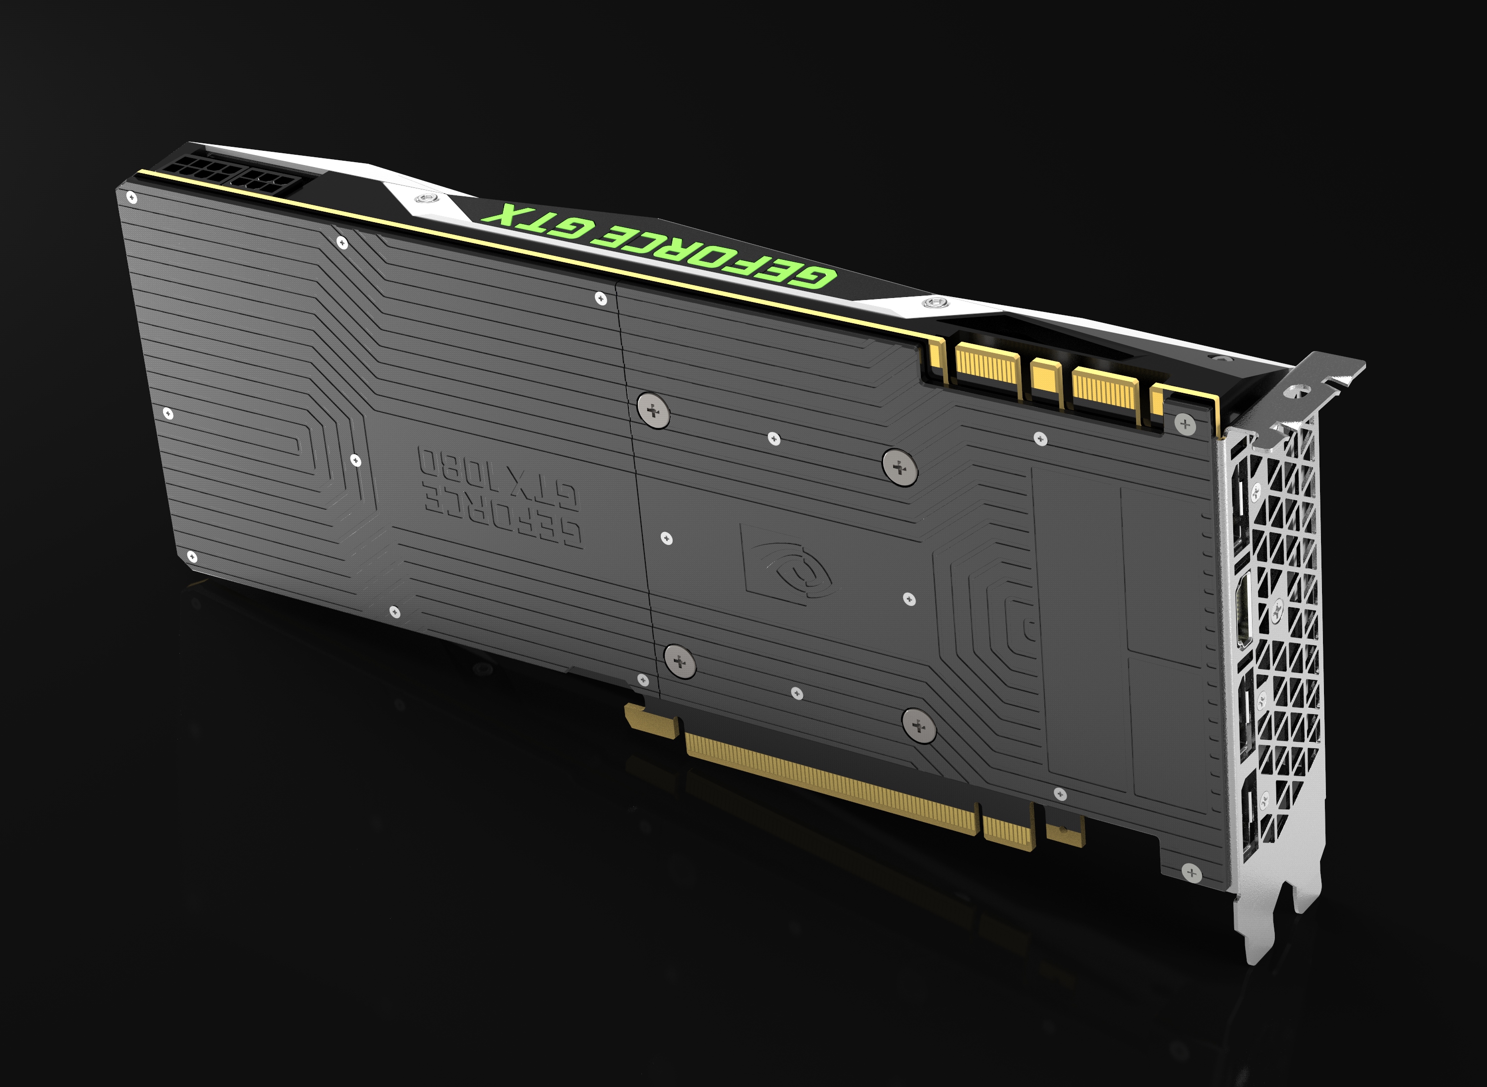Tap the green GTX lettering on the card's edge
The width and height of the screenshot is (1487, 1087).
tap(539, 221)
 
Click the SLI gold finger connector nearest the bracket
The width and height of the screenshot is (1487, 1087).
tap(1105, 393)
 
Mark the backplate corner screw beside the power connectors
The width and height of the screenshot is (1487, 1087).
tap(131, 197)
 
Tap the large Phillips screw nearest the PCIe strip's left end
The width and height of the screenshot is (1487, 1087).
tap(680, 662)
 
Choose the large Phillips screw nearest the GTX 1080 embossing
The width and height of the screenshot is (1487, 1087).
tap(653, 411)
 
